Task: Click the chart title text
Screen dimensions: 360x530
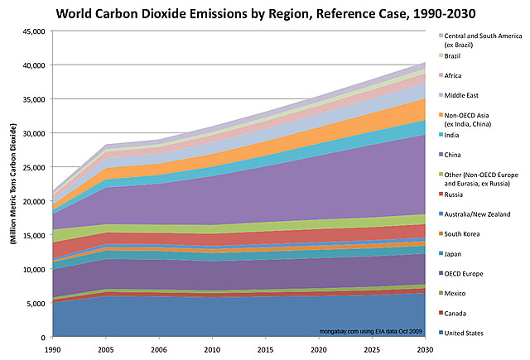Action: click(264, 14)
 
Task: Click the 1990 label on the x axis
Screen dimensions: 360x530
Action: click(51, 350)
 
